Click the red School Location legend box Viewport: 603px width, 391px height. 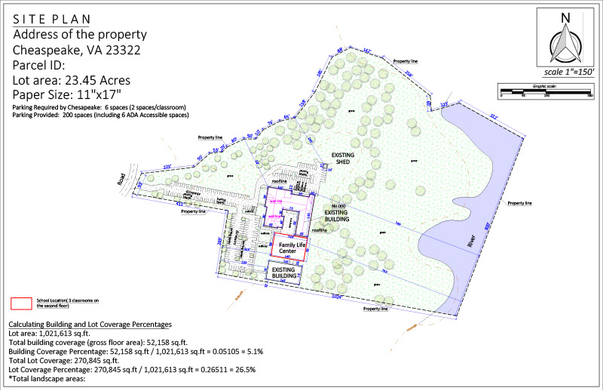tap(20, 303)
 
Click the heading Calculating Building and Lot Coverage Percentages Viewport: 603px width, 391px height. tap(90, 324)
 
